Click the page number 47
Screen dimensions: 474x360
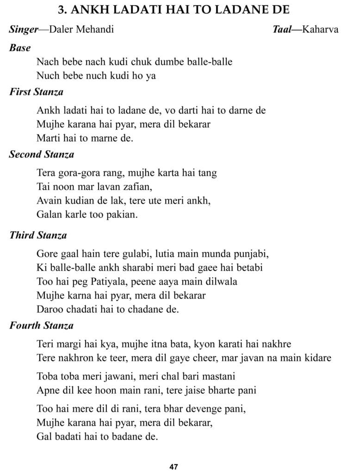coord(174,467)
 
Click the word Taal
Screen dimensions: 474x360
coord(282,30)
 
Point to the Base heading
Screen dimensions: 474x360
coord(19,48)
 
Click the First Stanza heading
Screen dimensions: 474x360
coord(36,92)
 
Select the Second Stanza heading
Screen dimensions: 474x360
coord(42,154)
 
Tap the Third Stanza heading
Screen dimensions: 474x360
coord(38,235)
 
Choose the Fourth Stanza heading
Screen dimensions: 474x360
coord(41,325)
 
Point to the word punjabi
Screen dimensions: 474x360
coord(247,254)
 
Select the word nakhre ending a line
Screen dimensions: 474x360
coord(276,344)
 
